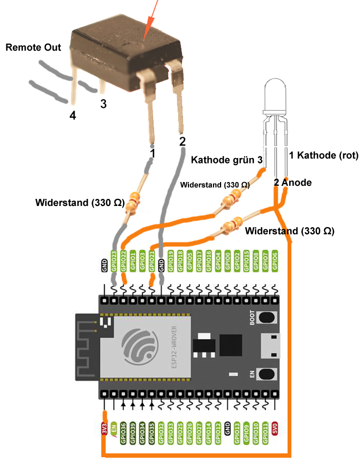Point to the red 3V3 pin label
pos(104,428)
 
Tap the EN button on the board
pos(267,374)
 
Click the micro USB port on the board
pos(270,345)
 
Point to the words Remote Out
pos(33,47)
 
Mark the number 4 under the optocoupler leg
pos(72,115)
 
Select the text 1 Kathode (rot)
pos(323,155)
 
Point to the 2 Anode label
pos(292,183)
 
